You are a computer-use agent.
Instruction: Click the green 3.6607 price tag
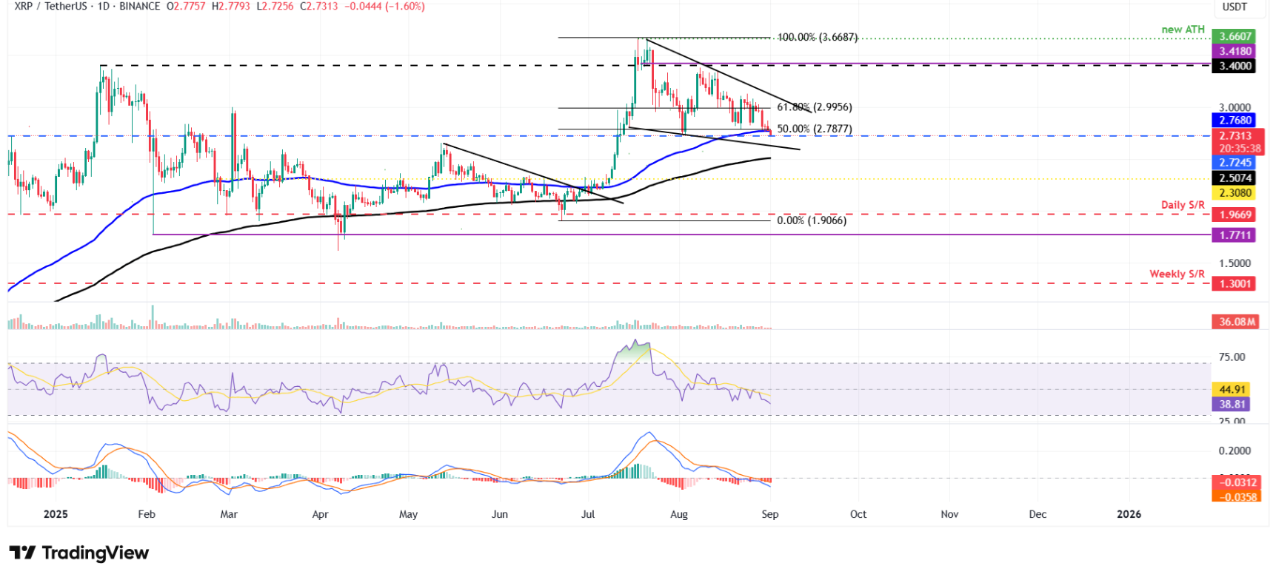1234,36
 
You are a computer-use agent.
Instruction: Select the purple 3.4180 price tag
1234,51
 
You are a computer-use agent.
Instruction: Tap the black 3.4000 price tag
1234,66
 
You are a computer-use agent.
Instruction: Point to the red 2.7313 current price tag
1236,136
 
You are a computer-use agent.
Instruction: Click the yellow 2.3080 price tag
1234,193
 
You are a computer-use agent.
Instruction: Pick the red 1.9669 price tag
1234,215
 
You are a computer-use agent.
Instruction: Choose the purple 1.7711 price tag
1234,235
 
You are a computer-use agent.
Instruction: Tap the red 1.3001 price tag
1234,283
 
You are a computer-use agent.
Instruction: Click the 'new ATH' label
1183,30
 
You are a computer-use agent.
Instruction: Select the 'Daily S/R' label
1183,205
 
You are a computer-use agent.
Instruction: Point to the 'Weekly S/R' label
1177,274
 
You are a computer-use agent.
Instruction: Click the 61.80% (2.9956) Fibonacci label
814,107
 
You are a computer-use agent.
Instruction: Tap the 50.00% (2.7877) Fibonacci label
814,129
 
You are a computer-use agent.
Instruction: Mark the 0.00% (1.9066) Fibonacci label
811,220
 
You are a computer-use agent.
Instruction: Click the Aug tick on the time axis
679,514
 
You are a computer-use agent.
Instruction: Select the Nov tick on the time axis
949,514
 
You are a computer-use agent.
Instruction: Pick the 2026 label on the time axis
1129,514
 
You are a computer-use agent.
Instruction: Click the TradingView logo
79,553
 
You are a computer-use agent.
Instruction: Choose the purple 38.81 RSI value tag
1232,404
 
